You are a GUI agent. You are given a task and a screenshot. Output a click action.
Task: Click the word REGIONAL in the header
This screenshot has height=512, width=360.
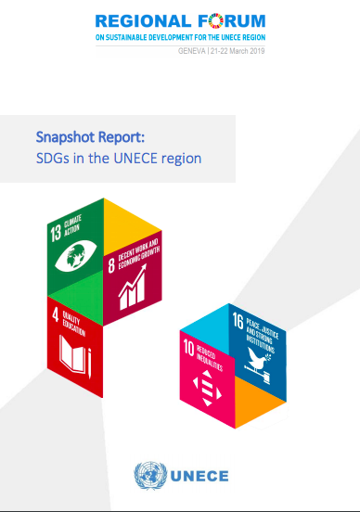pyautogui.click(x=143, y=21)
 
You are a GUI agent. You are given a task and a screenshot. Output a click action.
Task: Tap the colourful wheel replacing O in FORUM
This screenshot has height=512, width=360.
pyautogui.click(x=215, y=21)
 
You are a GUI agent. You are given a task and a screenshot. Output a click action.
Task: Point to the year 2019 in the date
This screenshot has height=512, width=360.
pyautogui.click(x=257, y=51)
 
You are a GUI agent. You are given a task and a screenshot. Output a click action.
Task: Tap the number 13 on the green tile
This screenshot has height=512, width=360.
pyautogui.click(x=56, y=233)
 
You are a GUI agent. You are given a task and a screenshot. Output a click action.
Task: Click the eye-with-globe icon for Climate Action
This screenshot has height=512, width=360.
pyautogui.click(x=76, y=256)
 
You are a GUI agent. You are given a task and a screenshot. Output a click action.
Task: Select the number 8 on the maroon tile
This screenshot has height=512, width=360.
pyautogui.click(x=111, y=265)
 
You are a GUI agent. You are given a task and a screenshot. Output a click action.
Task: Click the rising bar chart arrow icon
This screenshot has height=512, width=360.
pyautogui.click(x=133, y=288)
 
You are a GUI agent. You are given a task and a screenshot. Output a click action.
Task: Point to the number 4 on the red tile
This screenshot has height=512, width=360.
pyautogui.click(x=56, y=314)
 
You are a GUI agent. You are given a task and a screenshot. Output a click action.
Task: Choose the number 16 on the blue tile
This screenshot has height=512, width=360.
pyautogui.click(x=238, y=321)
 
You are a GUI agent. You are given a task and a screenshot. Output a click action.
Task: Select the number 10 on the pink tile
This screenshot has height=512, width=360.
pyautogui.click(x=188, y=348)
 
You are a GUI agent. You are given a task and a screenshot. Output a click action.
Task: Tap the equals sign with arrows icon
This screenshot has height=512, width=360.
pyautogui.click(x=207, y=389)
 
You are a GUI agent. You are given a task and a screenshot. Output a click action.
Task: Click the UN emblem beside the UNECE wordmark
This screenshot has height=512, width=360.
pyautogui.click(x=150, y=476)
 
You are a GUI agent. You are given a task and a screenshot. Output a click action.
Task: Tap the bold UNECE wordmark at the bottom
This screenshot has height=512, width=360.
pyautogui.click(x=199, y=476)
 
